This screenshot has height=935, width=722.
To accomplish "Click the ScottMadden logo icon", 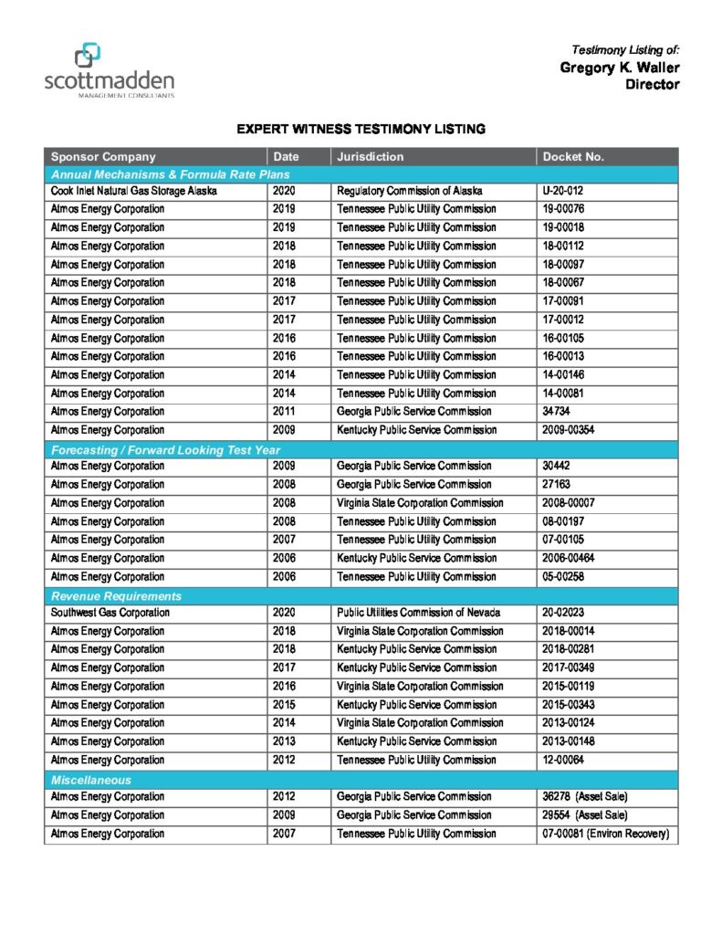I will pyautogui.click(x=88, y=56).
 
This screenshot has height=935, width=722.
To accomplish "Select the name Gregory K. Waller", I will pyautogui.click(x=619, y=68).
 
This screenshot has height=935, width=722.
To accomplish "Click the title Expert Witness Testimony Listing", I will pyautogui.click(x=361, y=129).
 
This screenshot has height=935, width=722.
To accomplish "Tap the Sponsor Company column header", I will pyautogui.click(x=103, y=156).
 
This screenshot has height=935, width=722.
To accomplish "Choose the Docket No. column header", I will pyautogui.click(x=573, y=156).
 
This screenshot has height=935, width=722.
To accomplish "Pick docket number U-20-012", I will pyautogui.click(x=562, y=191).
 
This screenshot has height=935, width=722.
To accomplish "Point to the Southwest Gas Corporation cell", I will pyautogui.click(x=108, y=613).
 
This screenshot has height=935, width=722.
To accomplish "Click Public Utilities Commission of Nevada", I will pyautogui.click(x=419, y=613).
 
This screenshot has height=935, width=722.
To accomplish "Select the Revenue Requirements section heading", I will pyautogui.click(x=103, y=596).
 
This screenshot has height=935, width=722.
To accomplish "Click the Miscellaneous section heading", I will pyautogui.click(x=91, y=780).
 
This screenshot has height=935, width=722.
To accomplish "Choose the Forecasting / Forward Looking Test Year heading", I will pyautogui.click(x=165, y=449).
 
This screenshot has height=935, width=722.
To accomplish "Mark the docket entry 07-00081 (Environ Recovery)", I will pyautogui.click(x=605, y=834).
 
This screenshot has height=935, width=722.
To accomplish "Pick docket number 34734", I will pyautogui.click(x=557, y=411).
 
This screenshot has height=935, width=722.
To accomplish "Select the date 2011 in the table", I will pyautogui.click(x=284, y=411).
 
